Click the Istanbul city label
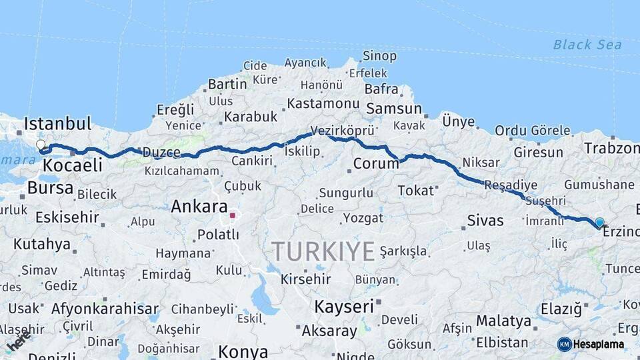click(x=57, y=123)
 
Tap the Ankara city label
click(x=199, y=207)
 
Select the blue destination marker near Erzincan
click(x=599, y=223)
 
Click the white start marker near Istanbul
click(x=41, y=145)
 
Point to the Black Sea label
click(x=587, y=45)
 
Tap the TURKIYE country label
click(x=323, y=251)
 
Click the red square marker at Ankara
click(x=232, y=215)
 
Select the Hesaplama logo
click(x=591, y=344)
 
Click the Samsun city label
click(x=394, y=108)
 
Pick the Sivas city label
click(x=485, y=220)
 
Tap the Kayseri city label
click(x=343, y=307)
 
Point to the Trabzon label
click(x=611, y=148)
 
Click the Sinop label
click(x=379, y=56)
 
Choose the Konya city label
click(x=243, y=351)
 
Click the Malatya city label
click(x=503, y=321)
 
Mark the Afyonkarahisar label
click(x=105, y=309)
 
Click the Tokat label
click(x=415, y=191)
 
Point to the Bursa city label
click(x=50, y=188)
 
